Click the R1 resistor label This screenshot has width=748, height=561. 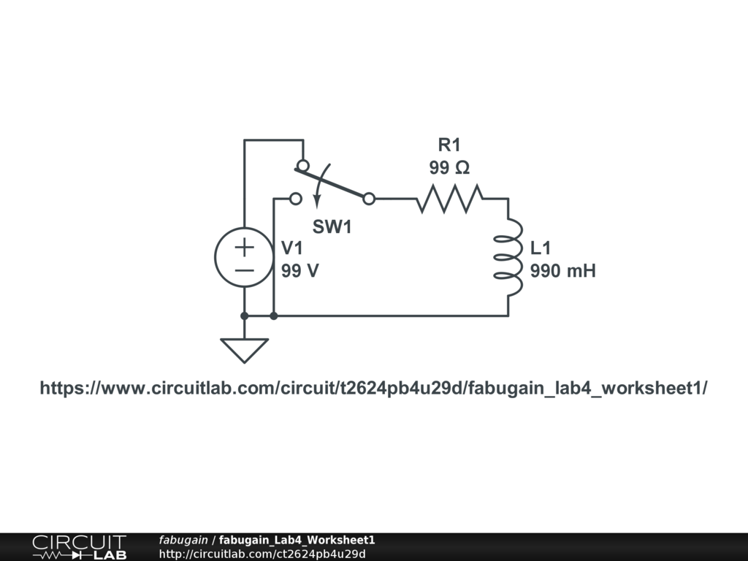(449, 144)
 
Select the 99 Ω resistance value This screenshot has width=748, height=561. (449, 168)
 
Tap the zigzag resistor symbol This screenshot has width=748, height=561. (450, 198)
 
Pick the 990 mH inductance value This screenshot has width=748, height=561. (562, 271)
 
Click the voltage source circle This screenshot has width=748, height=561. (244, 257)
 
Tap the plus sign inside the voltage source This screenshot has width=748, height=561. (244, 246)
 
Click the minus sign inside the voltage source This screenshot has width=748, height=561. (244, 270)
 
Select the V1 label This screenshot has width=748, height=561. (292, 248)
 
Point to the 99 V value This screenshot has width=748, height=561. (300, 270)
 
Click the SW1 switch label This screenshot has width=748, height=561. (332, 227)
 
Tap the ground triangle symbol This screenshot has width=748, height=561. (244, 350)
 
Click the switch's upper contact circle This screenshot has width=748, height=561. (302, 165)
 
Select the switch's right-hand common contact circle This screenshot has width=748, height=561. (370, 198)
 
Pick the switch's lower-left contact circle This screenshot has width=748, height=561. (295, 198)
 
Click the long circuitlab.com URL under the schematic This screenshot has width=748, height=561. (373, 388)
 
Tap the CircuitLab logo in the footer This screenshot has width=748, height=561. (78, 547)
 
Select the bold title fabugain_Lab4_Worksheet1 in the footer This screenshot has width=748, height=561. (297, 540)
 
